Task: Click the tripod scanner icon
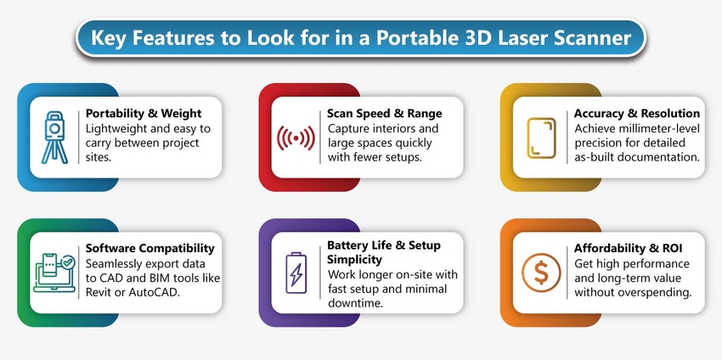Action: click(x=55, y=137)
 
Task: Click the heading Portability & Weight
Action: click(x=144, y=114)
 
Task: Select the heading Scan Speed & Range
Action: click(x=384, y=114)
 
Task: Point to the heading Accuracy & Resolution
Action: click(x=636, y=113)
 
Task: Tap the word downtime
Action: click(x=356, y=304)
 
